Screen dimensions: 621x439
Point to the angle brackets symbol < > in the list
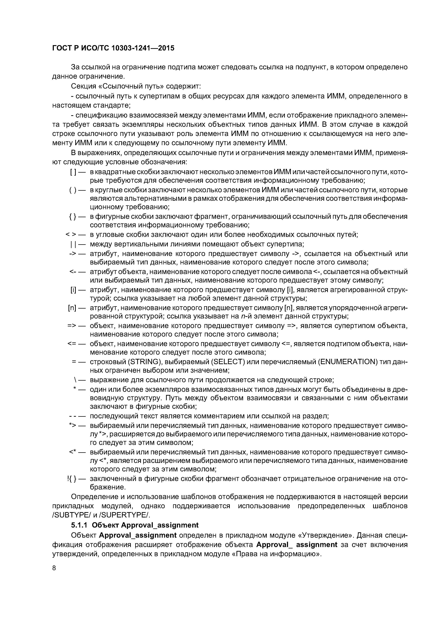point(71,235)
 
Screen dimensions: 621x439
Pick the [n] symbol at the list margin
point(73,308)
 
